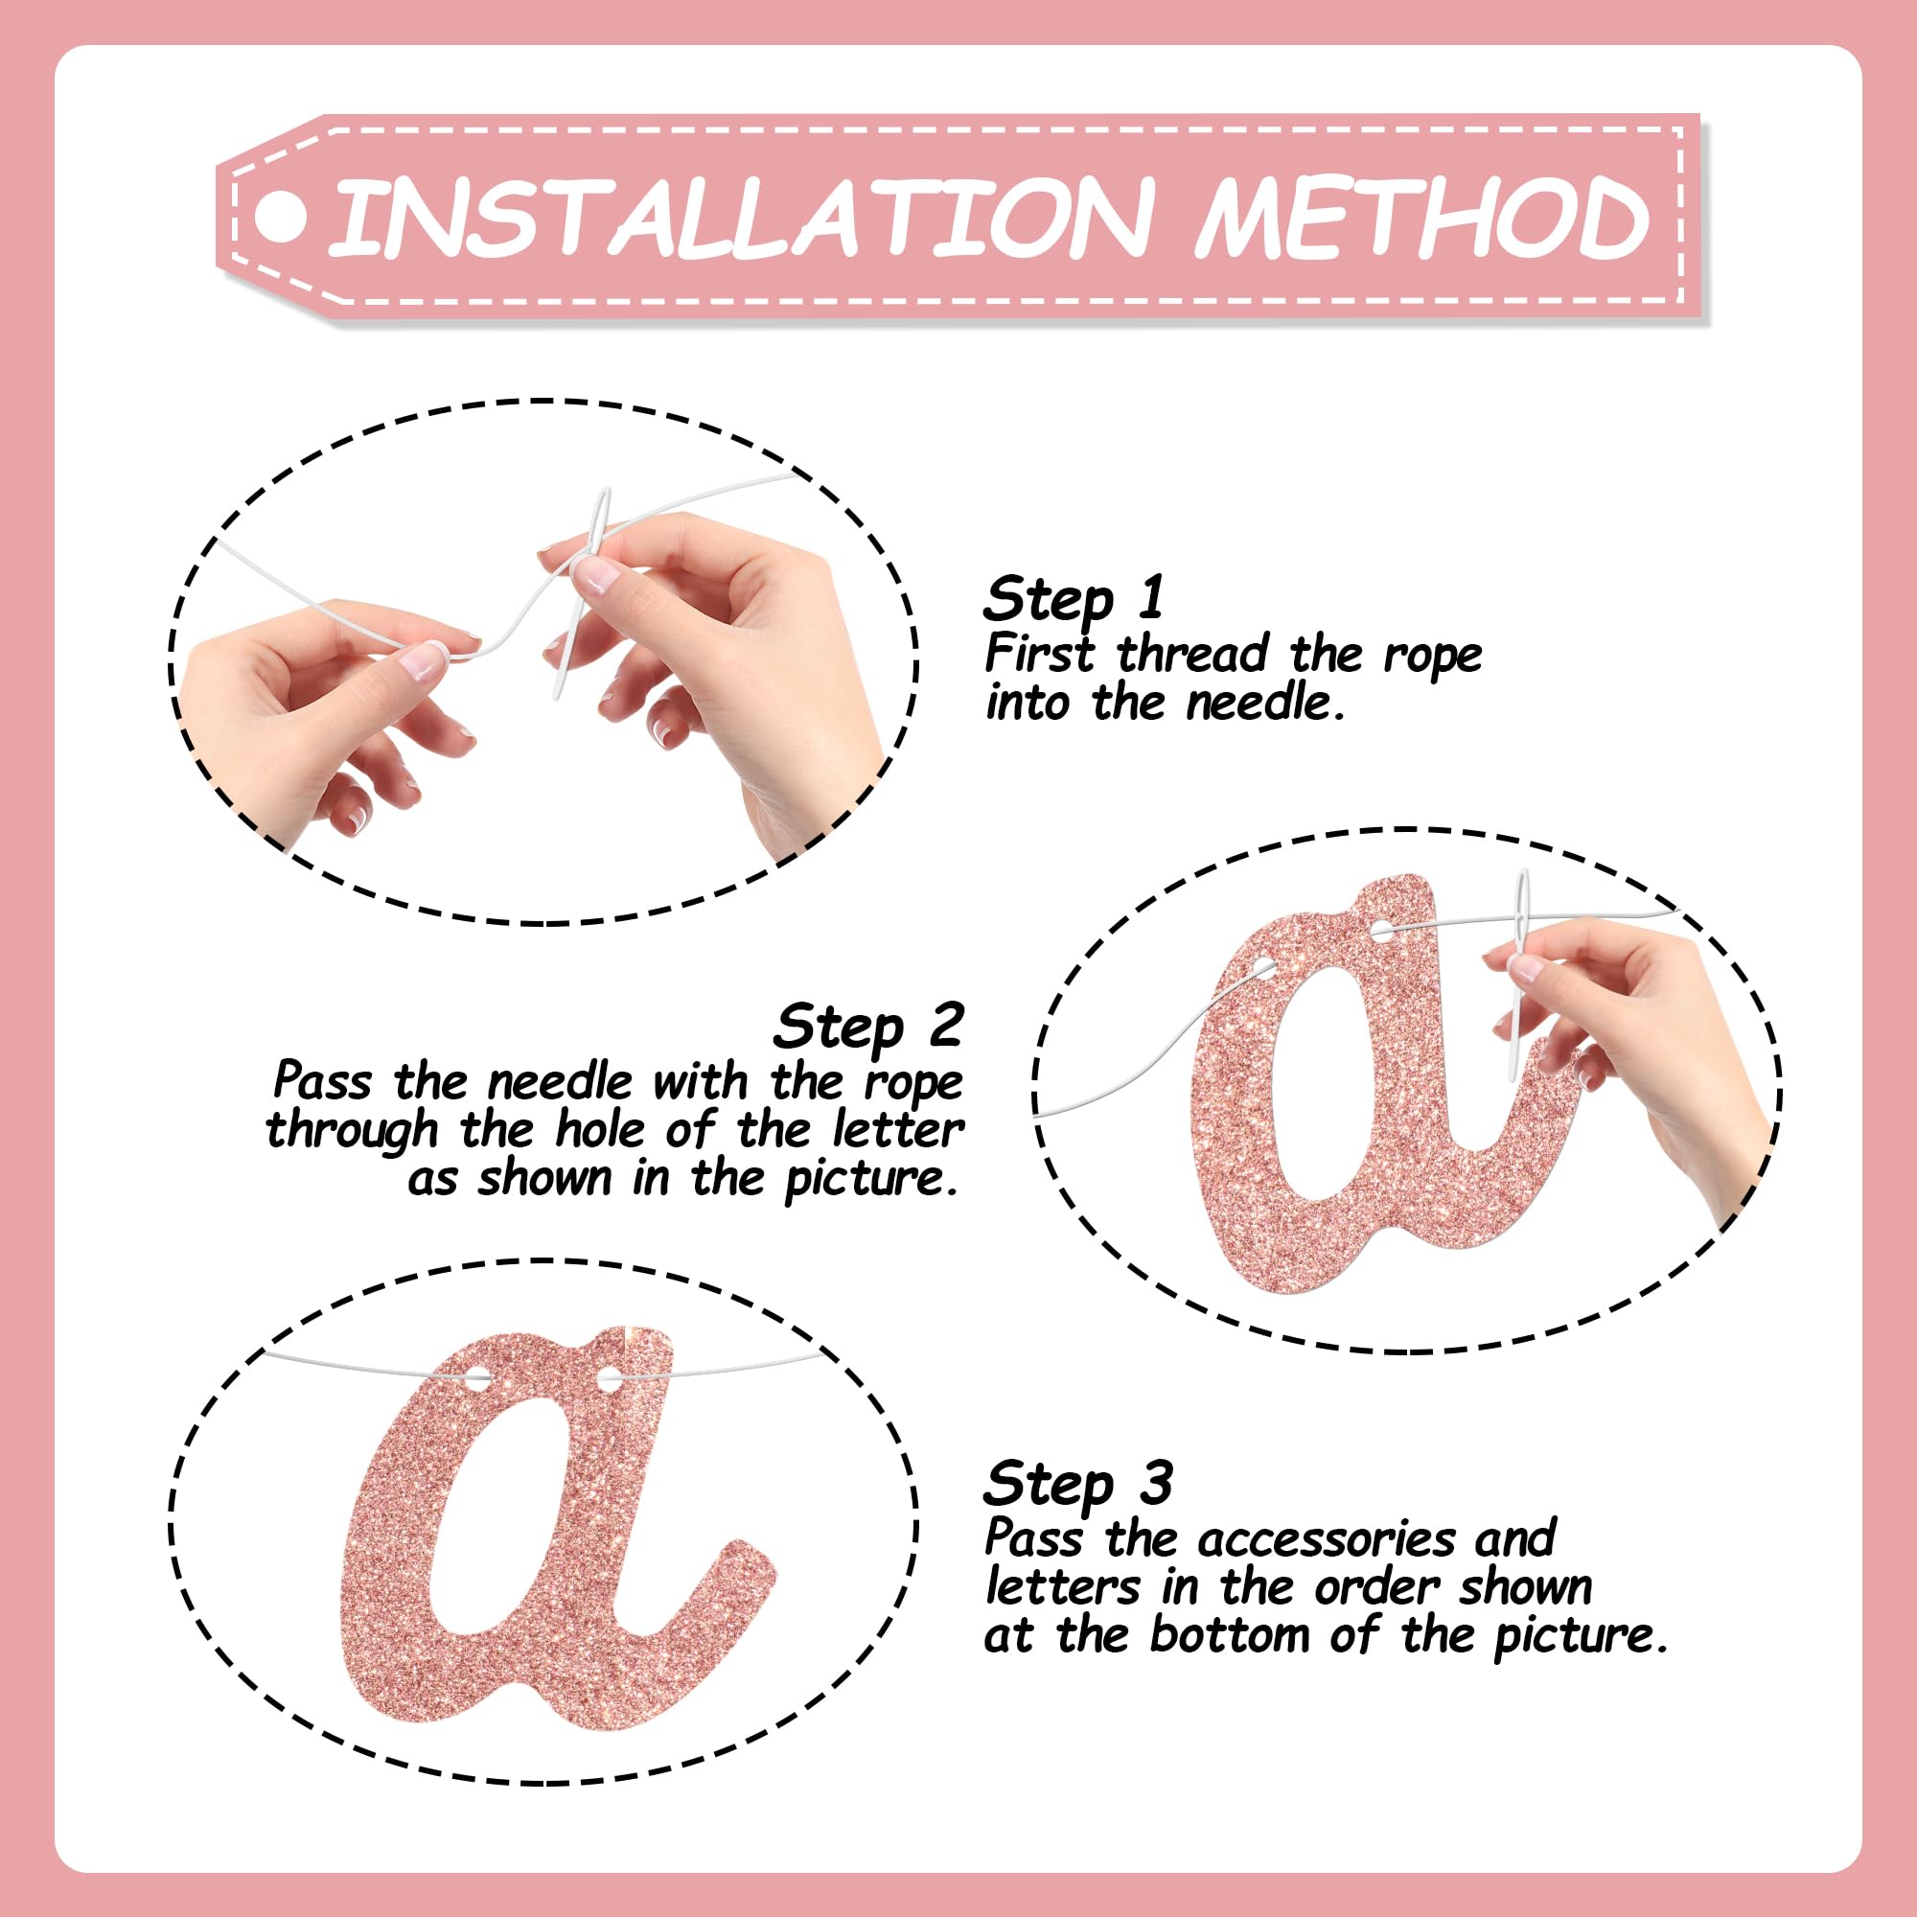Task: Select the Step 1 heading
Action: coord(1074,599)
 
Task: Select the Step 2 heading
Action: coord(868,1026)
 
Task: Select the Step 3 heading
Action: coord(1078,1484)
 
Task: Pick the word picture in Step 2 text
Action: coord(871,1179)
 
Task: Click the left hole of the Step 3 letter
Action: coord(477,1378)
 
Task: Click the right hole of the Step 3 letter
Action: coord(609,1378)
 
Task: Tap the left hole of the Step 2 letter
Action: coord(1263,965)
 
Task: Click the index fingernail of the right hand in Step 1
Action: coord(596,574)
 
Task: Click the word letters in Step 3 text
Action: coord(1063,1586)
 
